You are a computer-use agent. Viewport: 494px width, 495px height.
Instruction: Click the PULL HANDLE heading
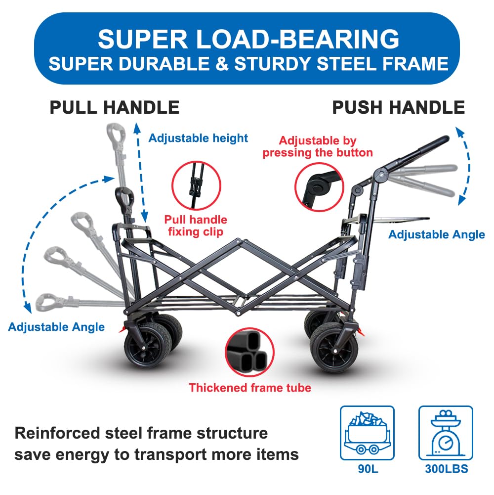pyautogui.click(x=115, y=107)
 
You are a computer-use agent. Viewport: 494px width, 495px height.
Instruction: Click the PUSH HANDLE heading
pyautogui.click(x=399, y=107)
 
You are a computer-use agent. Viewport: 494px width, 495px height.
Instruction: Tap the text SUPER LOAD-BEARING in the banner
pyautogui.click(x=248, y=39)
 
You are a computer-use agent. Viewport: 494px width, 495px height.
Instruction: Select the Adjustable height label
pyautogui.click(x=198, y=138)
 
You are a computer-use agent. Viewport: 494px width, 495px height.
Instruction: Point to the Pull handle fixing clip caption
pyautogui.click(x=196, y=225)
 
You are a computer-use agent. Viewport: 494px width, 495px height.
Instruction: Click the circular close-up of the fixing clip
pyautogui.click(x=196, y=185)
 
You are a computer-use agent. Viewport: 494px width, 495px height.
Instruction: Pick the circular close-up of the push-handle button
pyautogui.click(x=319, y=187)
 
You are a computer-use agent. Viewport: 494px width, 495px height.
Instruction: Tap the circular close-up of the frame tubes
pyautogui.click(x=250, y=352)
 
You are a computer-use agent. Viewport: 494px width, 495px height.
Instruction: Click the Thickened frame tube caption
pyautogui.click(x=250, y=388)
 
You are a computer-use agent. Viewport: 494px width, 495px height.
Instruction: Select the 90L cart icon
pyautogui.click(x=367, y=433)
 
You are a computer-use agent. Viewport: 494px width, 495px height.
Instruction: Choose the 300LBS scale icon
pyautogui.click(x=446, y=433)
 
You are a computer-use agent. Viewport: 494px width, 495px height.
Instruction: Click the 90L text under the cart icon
pyautogui.click(x=368, y=469)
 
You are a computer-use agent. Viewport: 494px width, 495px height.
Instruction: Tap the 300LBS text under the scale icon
pyautogui.click(x=447, y=469)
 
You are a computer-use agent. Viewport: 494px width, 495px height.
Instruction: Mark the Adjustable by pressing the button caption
pyautogui.click(x=318, y=146)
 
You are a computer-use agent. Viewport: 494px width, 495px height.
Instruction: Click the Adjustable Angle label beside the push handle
pyautogui.click(x=437, y=234)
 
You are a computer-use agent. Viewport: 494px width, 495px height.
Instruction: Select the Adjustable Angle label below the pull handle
pyautogui.click(x=56, y=327)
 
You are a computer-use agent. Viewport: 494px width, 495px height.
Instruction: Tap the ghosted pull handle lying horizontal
pyautogui.click(x=79, y=302)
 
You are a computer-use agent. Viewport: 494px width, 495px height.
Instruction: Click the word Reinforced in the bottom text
pyautogui.click(x=57, y=433)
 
